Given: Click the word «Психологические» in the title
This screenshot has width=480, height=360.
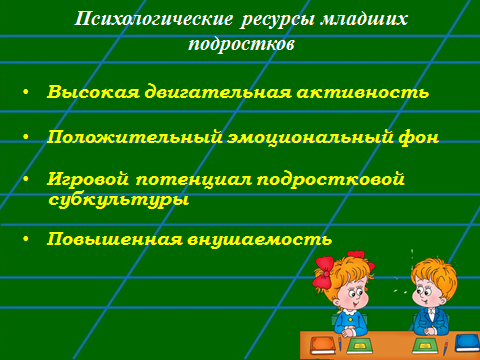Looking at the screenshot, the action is coord(154,19).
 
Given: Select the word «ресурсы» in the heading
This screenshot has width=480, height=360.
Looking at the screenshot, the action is coord(277,20).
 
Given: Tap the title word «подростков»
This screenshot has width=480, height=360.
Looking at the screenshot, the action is coord(241,44).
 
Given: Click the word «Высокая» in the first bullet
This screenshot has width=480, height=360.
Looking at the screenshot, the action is coord(93,92).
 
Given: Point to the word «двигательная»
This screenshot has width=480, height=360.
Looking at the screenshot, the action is coord(218,92).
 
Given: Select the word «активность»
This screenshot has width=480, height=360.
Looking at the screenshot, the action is coord(363,93).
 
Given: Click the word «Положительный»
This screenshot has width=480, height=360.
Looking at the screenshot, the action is coord(135,137).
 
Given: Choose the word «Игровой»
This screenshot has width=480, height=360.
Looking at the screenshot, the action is coord(88,179).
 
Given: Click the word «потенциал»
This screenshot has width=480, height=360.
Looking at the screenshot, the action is coord(194,180).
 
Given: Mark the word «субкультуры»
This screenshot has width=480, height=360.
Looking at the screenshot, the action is coord(119,200).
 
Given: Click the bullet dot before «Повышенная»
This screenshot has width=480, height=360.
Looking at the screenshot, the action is coord(26,239).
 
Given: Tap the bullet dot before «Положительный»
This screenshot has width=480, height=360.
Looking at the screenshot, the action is coord(26,137).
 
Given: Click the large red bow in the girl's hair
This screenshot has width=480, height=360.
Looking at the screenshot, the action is coord(323,271).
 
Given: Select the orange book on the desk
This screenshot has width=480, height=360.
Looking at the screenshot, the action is coord(323,346).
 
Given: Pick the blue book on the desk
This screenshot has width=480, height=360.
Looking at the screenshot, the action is coord(467,342).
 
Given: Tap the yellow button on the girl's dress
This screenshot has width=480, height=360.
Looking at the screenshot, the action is coord(350,319).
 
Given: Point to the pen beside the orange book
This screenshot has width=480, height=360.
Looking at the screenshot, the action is coord(340,343).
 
